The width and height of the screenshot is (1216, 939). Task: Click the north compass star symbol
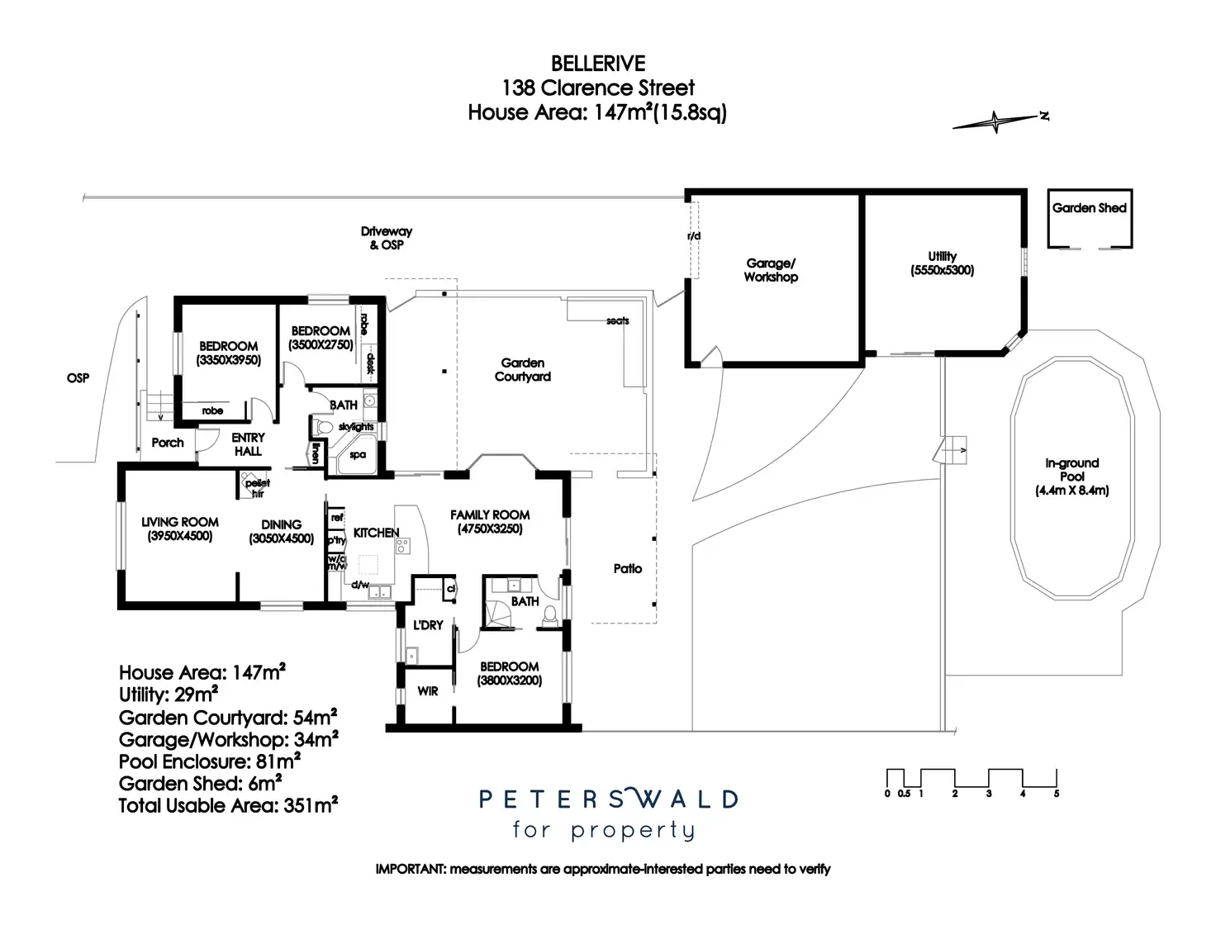[x=996, y=122]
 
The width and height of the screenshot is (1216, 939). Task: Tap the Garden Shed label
[x=1089, y=208]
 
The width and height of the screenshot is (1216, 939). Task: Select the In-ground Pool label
[x=1071, y=470]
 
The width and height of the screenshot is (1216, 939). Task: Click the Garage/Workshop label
[x=771, y=270]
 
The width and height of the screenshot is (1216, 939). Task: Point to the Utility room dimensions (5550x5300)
[x=942, y=270]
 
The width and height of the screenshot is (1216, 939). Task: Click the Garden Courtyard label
[x=522, y=369]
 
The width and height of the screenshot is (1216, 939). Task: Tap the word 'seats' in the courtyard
[x=617, y=320]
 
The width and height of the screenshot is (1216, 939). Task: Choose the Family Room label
[x=490, y=515]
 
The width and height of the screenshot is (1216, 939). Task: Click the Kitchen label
[x=376, y=533]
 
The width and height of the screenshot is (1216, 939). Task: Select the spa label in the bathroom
[x=358, y=454]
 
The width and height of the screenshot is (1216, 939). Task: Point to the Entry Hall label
[x=248, y=444]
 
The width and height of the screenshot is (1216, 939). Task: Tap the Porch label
[x=168, y=443]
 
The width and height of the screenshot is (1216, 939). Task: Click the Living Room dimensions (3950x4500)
[x=180, y=536]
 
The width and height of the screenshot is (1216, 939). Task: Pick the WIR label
[x=427, y=691]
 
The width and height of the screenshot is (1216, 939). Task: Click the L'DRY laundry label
[x=428, y=625]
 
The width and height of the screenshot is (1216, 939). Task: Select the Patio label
[x=628, y=568]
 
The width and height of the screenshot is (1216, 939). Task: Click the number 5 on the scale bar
[x=1056, y=794]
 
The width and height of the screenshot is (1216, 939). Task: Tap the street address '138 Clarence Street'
[x=598, y=88]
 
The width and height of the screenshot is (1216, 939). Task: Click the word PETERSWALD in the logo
[x=608, y=799]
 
